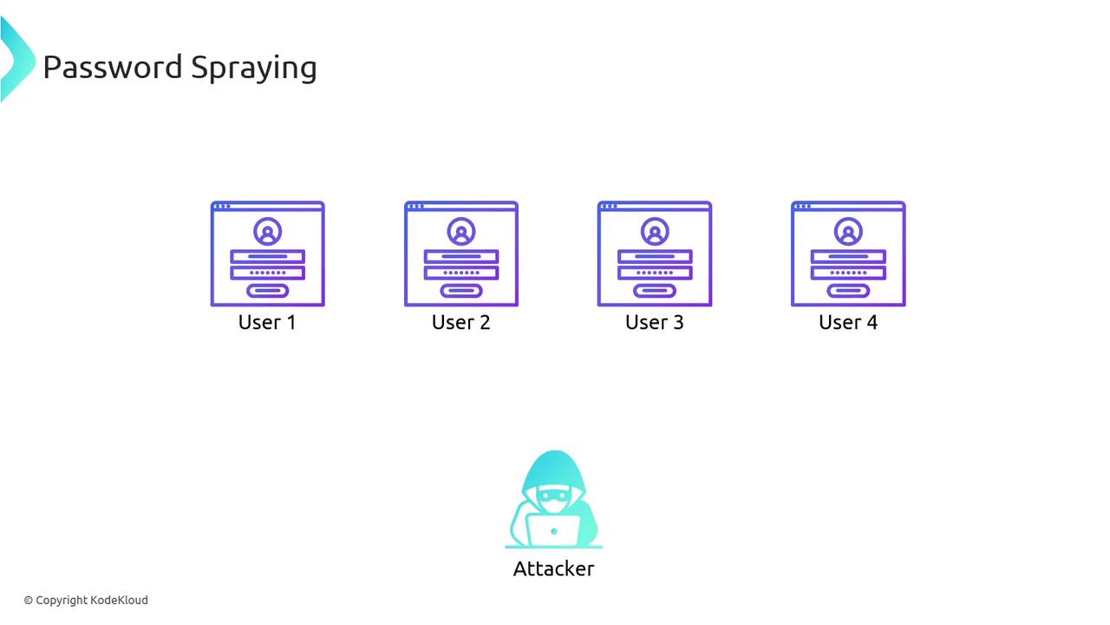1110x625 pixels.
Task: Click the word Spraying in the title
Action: pyautogui.click(x=254, y=69)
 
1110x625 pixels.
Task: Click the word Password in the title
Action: pyautogui.click(x=113, y=67)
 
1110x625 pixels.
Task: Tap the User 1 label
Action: pyautogui.click(x=267, y=322)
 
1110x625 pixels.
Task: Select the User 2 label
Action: pyautogui.click(x=460, y=322)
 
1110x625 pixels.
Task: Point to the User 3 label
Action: pyautogui.click(x=654, y=322)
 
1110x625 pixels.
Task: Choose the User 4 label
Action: pyautogui.click(x=848, y=322)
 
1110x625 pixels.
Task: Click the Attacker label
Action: pyautogui.click(x=553, y=569)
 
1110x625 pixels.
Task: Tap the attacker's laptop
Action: pyautogui.click(x=553, y=530)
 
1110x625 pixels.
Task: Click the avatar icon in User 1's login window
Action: pyautogui.click(x=268, y=231)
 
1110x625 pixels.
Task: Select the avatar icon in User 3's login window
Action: pyautogui.click(x=655, y=231)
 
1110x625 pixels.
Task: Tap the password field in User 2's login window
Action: pyautogui.click(x=461, y=273)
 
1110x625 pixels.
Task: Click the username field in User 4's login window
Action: pyautogui.click(x=848, y=256)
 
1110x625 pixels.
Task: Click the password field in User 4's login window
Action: pyautogui.click(x=848, y=273)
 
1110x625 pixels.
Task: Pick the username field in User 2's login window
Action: pyautogui.click(x=461, y=256)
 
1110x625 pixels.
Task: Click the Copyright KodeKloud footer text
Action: pyautogui.click(x=86, y=600)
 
